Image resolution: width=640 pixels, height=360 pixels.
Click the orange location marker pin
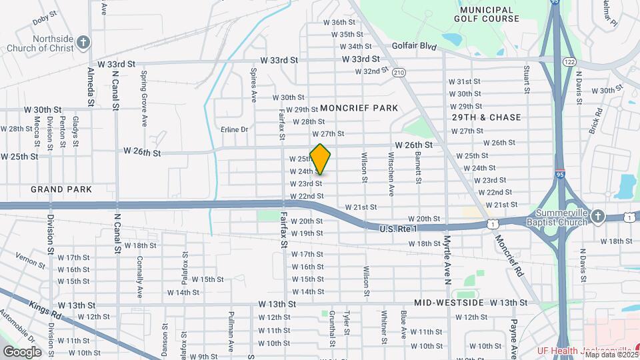coord(320,159)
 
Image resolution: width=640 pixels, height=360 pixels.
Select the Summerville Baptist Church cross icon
coord(598,216)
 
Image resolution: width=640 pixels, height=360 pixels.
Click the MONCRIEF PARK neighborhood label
coord(359,108)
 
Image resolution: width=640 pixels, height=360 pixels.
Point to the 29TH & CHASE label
coord(486,117)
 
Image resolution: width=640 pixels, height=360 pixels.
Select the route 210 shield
coord(399,72)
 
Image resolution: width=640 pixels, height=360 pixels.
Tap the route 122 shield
coord(569,61)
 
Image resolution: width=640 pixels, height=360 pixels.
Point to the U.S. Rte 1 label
coord(398,229)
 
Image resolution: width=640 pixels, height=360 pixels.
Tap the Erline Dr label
coord(234,129)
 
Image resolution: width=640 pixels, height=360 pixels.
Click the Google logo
coord(22,351)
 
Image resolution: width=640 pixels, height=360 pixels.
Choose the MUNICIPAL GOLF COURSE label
coord(489,14)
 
